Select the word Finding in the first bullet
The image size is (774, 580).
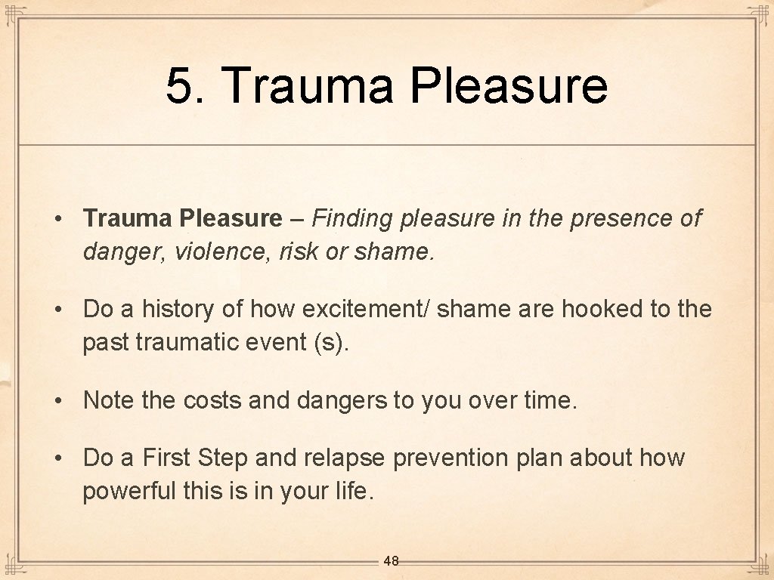[x=353, y=219]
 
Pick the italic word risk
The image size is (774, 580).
[x=299, y=251]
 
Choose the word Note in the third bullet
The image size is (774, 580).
[x=109, y=400]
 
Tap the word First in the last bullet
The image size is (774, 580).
[x=167, y=458]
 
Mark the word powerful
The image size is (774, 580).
[x=129, y=491]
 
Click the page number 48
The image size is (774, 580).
[x=391, y=560]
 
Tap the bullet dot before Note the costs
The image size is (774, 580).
[x=57, y=400]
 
